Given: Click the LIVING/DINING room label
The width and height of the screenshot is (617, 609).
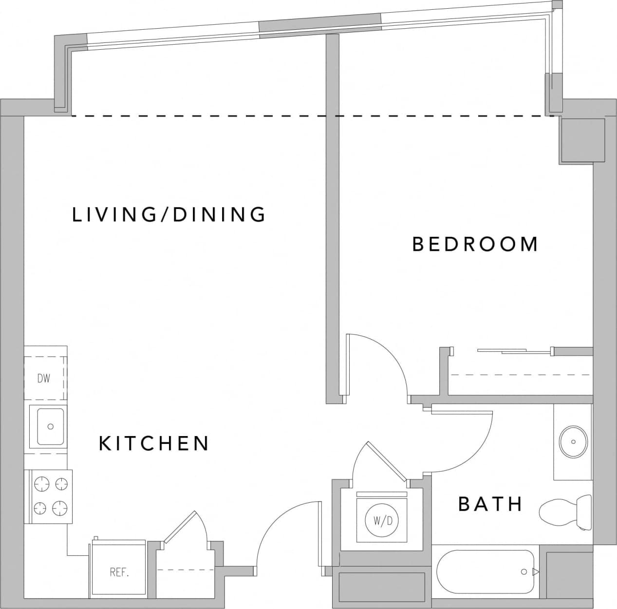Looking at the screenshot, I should click(x=169, y=215).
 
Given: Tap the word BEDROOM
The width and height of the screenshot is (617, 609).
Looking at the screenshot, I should click(x=475, y=244).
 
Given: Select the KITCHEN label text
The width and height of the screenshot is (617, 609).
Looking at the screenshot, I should click(x=154, y=443).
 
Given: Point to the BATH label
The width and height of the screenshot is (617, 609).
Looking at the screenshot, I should click(x=490, y=504).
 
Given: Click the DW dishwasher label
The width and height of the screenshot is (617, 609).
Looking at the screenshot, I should click(x=44, y=378).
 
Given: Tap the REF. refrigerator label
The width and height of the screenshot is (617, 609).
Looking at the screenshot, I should click(x=119, y=572).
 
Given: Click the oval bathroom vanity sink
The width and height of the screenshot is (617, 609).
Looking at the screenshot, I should click(x=573, y=442).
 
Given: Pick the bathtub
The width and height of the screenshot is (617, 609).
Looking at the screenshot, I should click(x=487, y=571).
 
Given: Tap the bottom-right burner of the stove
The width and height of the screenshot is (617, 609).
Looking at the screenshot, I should click(x=61, y=508).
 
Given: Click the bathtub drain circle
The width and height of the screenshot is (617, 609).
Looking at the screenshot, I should click(x=524, y=571).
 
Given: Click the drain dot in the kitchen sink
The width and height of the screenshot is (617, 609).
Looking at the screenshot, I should click(x=50, y=427).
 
